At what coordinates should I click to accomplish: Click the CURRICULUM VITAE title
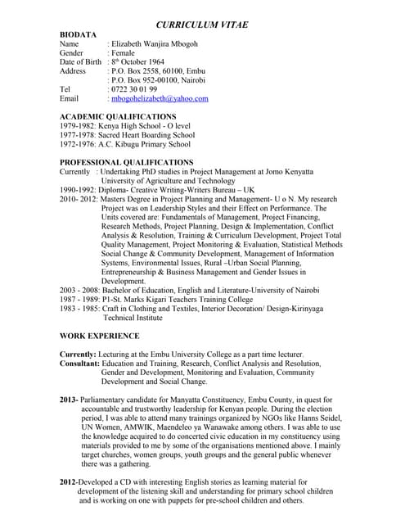(202, 26)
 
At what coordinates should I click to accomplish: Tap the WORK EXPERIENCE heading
(100, 337)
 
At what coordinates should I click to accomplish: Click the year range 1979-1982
(78, 126)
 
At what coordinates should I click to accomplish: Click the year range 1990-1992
(78, 189)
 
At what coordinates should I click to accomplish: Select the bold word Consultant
(79, 363)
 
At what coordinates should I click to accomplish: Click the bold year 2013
(69, 399)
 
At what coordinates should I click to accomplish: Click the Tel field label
(65, 88)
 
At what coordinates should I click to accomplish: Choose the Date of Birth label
(81, 61)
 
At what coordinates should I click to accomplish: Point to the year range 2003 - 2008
(79, 290)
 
